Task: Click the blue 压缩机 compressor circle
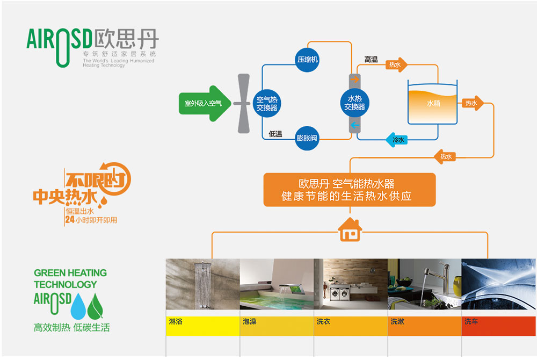click(x=308, y=59)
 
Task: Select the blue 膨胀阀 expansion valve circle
click(x=307, y=138)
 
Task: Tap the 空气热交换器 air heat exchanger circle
click(x=266, y=99)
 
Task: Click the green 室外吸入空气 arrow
click(x=204, y=103)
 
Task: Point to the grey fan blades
click(x=245, y=103)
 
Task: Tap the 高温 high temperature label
click(x=371, y=60)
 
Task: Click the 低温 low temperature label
click(x=275, y=134)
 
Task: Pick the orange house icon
click(x=350, y=230)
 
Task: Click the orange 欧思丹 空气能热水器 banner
click(x=350, y=190)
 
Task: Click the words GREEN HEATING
click(x=70, y=273)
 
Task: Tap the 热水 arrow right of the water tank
click(x=473, y=103)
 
